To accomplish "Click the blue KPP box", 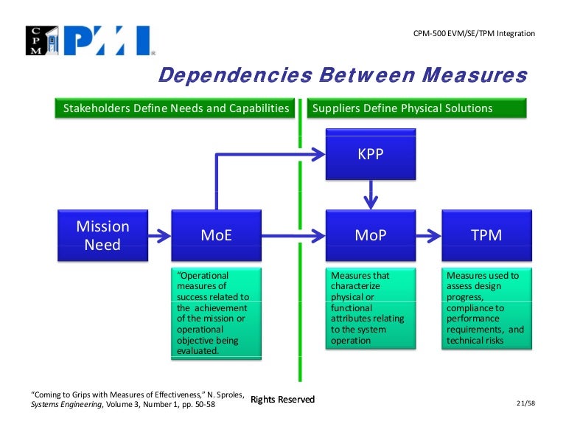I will [371, 154].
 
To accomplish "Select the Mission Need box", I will [102, 235].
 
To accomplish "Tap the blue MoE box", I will [216, 235].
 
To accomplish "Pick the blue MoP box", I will [371, 235].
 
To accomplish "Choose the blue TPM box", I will [486, 235].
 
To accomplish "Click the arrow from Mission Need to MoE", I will [158, 236].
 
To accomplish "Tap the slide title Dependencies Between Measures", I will [343, 75].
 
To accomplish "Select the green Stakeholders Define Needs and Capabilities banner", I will [175, 108].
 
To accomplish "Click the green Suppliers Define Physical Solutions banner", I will [416, 108].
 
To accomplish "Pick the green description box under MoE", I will [216, 314].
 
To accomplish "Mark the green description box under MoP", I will [371, 308].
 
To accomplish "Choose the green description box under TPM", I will [486, 308].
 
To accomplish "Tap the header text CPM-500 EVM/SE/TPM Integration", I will [473, 34].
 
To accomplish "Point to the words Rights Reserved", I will [282, 400].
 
